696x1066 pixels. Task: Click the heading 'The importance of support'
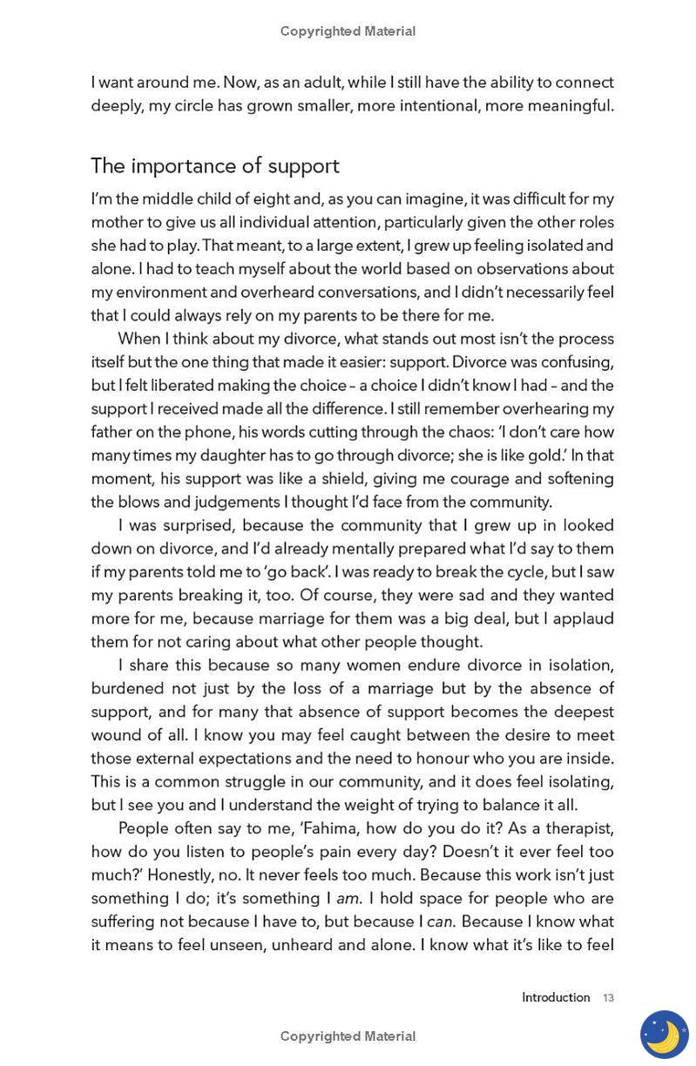215,165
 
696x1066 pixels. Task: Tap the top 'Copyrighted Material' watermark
348,31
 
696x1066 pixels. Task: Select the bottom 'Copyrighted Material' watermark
348,1036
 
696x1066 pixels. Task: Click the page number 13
608,998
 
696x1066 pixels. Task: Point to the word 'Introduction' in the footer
556,998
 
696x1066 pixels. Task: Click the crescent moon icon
664,1035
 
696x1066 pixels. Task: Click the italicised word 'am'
348,899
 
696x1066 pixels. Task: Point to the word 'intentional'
430,106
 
